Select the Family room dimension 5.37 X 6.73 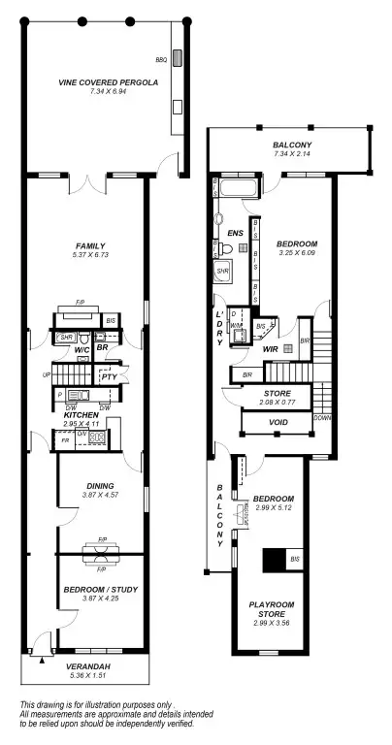pos(88,256)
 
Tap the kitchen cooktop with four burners pos(97,438)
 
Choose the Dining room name pos(99,485)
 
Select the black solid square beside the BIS pos(274,561)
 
